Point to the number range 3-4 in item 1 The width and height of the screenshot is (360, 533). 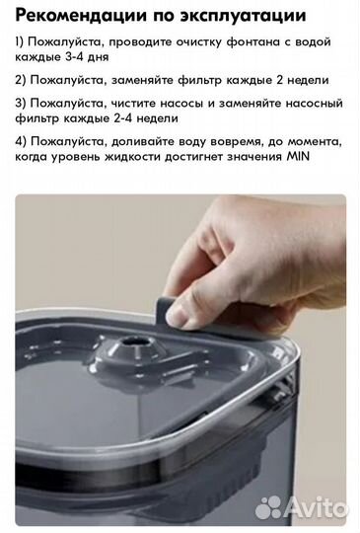pos(74,56)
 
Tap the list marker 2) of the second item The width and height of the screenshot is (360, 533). pos(21,81)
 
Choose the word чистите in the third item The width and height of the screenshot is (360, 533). pos(133,103)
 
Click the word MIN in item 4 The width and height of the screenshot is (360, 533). pos(299,157)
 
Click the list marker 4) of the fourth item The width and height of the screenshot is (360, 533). pos(21,142)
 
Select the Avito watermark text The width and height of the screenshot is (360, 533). pos(316,506)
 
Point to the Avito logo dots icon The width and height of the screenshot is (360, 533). pos(268,507)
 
